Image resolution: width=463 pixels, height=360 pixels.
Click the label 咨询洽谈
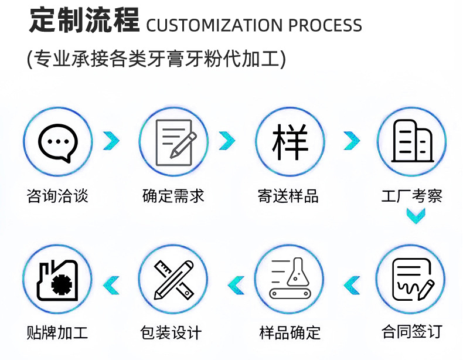coord(57,195)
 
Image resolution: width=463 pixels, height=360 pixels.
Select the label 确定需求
coord(173,195)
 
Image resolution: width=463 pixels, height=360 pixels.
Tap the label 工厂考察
coord(411,195)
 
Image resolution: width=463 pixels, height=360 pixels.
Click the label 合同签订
coord(411,331)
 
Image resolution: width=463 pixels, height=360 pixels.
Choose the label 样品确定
coord(290,332)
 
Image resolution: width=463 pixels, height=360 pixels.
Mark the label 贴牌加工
coord(57,332)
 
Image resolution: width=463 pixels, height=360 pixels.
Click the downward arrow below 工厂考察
coord(416,217)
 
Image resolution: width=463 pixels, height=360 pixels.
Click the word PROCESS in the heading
coord(325,26)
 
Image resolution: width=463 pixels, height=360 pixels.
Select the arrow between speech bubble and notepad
coord(111,141)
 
